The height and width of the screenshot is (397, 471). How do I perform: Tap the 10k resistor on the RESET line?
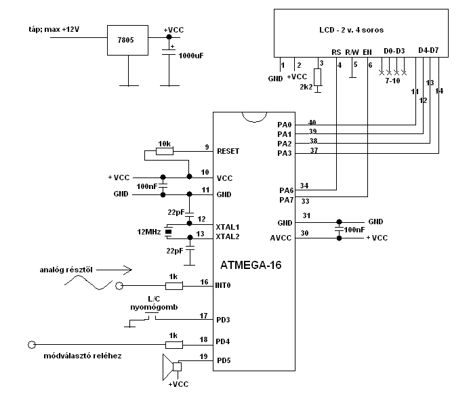(165, 151)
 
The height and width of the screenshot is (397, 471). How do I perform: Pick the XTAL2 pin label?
(228, 236)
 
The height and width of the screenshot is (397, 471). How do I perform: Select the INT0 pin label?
(224, 286)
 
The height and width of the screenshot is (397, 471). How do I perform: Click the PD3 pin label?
(223, 319)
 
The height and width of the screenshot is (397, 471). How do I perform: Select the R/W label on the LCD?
(352, 51)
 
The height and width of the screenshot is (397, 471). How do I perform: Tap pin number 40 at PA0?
(312, 122)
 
